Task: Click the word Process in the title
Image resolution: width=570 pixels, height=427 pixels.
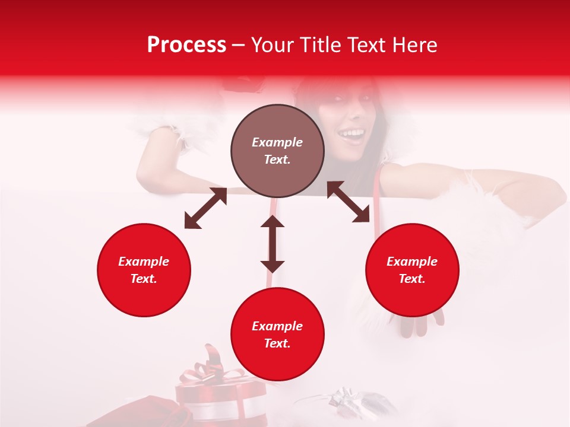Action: point(186,45)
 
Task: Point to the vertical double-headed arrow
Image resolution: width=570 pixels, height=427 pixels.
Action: point(273,244)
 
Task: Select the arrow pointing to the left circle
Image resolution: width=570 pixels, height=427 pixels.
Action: point(205,208)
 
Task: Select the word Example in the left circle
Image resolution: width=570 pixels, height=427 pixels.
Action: point(144,261)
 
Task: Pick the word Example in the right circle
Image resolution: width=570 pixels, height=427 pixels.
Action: point(412,261)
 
